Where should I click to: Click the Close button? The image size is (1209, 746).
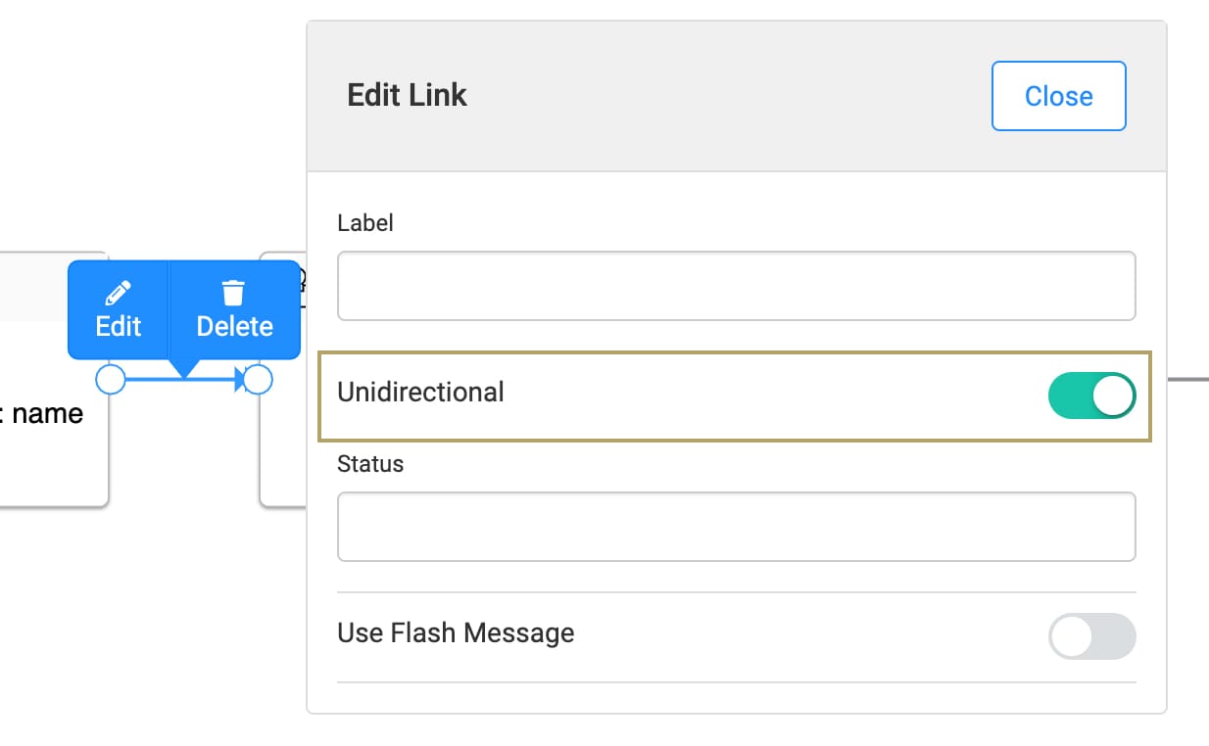[x=1058, y=96]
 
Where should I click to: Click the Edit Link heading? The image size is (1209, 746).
[x=407, y=96]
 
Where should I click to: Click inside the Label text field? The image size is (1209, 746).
[x=736, y=286]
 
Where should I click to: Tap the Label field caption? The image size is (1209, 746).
[x=364, y=223]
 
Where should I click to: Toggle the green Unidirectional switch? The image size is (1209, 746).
[x=1091, y=396]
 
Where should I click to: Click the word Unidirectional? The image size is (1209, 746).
[x=420, y=393]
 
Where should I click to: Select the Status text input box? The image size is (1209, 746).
[x=736, y=527]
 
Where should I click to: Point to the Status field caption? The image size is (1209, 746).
[x=370, y=464]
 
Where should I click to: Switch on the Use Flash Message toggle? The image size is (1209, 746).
[x=1091, y=636]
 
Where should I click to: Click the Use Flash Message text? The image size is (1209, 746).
[x=456, y=632]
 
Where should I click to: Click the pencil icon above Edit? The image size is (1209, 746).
[x=119, y=293]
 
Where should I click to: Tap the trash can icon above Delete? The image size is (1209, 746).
[x=234, y=293]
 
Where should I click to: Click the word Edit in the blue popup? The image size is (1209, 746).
[x=119, y=326]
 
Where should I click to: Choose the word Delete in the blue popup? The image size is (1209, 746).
[x=234, y=326]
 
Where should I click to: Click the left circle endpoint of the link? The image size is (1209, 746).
[x=111, y=379]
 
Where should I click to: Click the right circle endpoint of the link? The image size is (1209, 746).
[x=258, y=379]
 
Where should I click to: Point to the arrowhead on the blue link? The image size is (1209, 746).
[x=240, y=379]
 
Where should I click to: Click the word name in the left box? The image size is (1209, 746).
[x=47, y=414]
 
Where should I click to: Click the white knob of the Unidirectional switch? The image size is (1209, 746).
[x=1113, y=396]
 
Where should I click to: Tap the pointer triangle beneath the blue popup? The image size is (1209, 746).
[x=184, y=368]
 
